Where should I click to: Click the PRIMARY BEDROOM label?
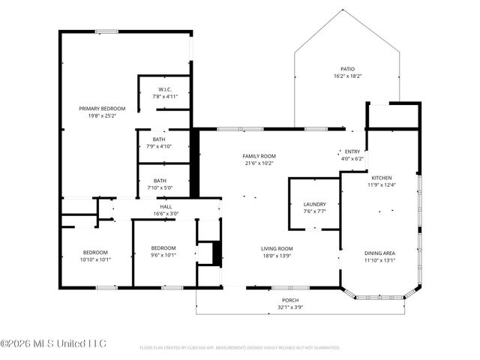(102, 109)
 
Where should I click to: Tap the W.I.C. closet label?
(166, 90)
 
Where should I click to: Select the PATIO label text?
(347, 69)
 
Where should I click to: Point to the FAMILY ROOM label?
(259, 156)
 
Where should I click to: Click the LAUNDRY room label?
(314, 204)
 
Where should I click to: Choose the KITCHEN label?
(380, 177)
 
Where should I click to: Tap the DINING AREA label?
(379, 253)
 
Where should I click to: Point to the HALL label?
(166, 206)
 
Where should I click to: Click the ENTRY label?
(352, 151)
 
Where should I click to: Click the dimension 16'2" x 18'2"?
(347, 76)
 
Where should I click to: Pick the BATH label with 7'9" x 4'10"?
(159, 139)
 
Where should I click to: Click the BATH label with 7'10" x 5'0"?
(160, 181)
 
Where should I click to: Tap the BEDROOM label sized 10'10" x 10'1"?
(95, 253)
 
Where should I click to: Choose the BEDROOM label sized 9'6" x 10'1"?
(163, 248)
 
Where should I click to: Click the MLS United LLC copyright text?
(53, 343)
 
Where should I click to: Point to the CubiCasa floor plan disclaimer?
(240, 348)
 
